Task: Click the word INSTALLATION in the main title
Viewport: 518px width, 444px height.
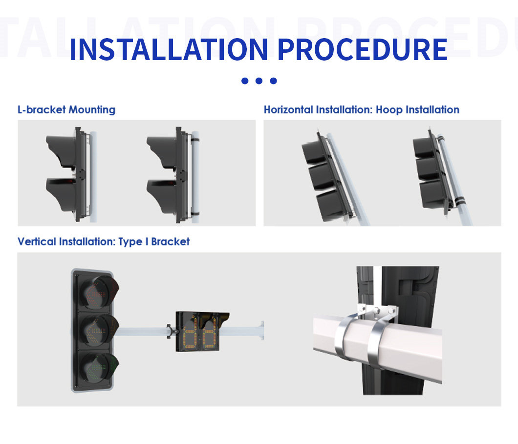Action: [x=169, y=49]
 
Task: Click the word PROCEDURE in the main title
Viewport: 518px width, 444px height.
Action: [x=363, y=49]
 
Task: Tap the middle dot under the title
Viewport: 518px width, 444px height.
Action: [x=259, y=81]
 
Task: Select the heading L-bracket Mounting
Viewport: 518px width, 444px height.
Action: [x=66, y=109]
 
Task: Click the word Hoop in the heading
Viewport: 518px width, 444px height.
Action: [x=389, y=109]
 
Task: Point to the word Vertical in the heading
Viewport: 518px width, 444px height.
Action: [x=37, y=242]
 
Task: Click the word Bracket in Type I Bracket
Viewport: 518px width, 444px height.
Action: [x=171, y=242]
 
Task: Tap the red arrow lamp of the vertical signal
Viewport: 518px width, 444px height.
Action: [x=97, y=292]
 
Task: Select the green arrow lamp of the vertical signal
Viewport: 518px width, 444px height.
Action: [x=97, y=367]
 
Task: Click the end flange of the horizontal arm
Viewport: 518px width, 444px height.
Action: [x=262, y=330]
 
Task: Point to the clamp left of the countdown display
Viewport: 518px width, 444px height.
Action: [x=170, y=331]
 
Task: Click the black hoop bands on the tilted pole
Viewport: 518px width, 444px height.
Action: [x=459, y=200]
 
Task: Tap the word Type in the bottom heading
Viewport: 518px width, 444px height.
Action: [x=130, y=242]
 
